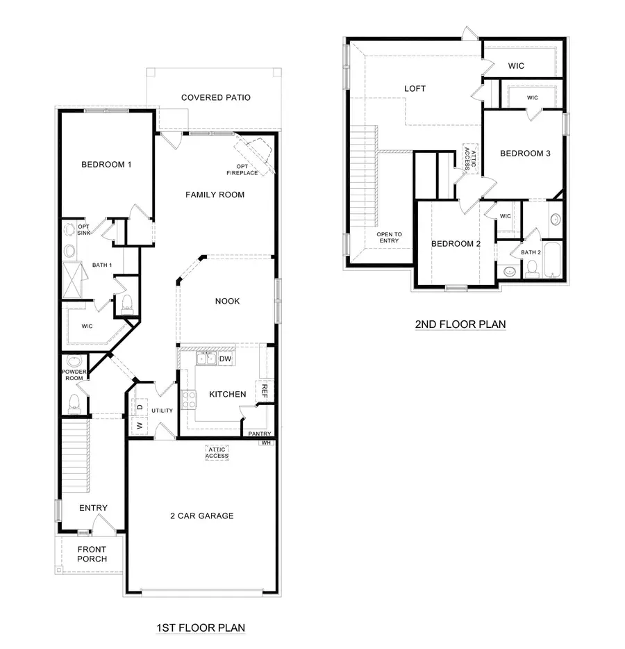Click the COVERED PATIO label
[x=216, y=98]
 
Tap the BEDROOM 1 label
[x=106, y=165]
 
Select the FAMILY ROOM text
[x=215, y=195]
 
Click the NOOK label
[x=227, y=301]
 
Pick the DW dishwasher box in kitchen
[x=225, y=359]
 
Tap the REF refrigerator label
[x=264, y=391]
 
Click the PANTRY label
[x=260, y=434]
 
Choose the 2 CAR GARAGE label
[x=201, y=516]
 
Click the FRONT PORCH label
[x=92, y=554]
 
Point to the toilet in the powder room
[x=75, y=403]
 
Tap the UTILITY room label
[x=162, y=411]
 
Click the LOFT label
[x=415, y=89]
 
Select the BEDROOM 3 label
[x=525, y=154]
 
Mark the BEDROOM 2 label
[x=456, y=243]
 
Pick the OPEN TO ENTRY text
[x=389, y=238]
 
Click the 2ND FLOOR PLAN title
[x=460, y=324]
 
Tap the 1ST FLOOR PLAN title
[x=201, y=628]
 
